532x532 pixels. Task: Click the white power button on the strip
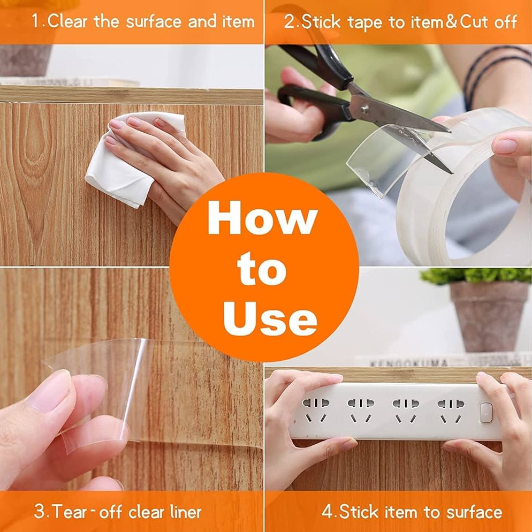point(486,413)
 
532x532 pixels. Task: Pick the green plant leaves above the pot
point(476,275)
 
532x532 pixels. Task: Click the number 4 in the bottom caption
point(327,512)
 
